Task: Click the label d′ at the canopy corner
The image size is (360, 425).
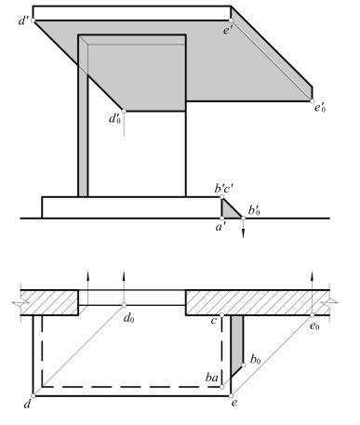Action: click(23, 20)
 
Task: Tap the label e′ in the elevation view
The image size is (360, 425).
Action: click(228, 31)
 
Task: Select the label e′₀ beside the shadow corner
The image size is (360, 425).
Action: click(320, 108)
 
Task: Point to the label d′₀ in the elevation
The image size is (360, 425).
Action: click(114, 119)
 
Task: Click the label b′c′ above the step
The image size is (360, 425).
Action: click(224, 188)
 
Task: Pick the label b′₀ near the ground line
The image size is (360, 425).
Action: click(254, 211)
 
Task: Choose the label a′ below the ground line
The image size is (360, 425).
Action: click(220, 227)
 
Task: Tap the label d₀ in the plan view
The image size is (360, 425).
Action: click(129, 318)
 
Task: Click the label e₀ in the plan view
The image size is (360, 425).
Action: click(314, 325)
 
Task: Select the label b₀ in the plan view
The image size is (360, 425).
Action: click(256, 360)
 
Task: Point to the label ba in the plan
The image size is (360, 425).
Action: click(212, 378)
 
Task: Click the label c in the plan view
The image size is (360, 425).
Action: click(213, 321)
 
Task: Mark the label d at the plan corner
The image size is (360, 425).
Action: click(27, 404)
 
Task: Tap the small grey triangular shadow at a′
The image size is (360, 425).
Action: click(229, 211)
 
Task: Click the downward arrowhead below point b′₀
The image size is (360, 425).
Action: click(243, 233)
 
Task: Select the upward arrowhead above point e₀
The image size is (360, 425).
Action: click(312, 276)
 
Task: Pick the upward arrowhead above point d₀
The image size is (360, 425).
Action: click(124, 276)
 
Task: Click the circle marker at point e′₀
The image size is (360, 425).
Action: click(312, 101)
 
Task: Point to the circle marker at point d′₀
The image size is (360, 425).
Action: click(124, 111)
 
